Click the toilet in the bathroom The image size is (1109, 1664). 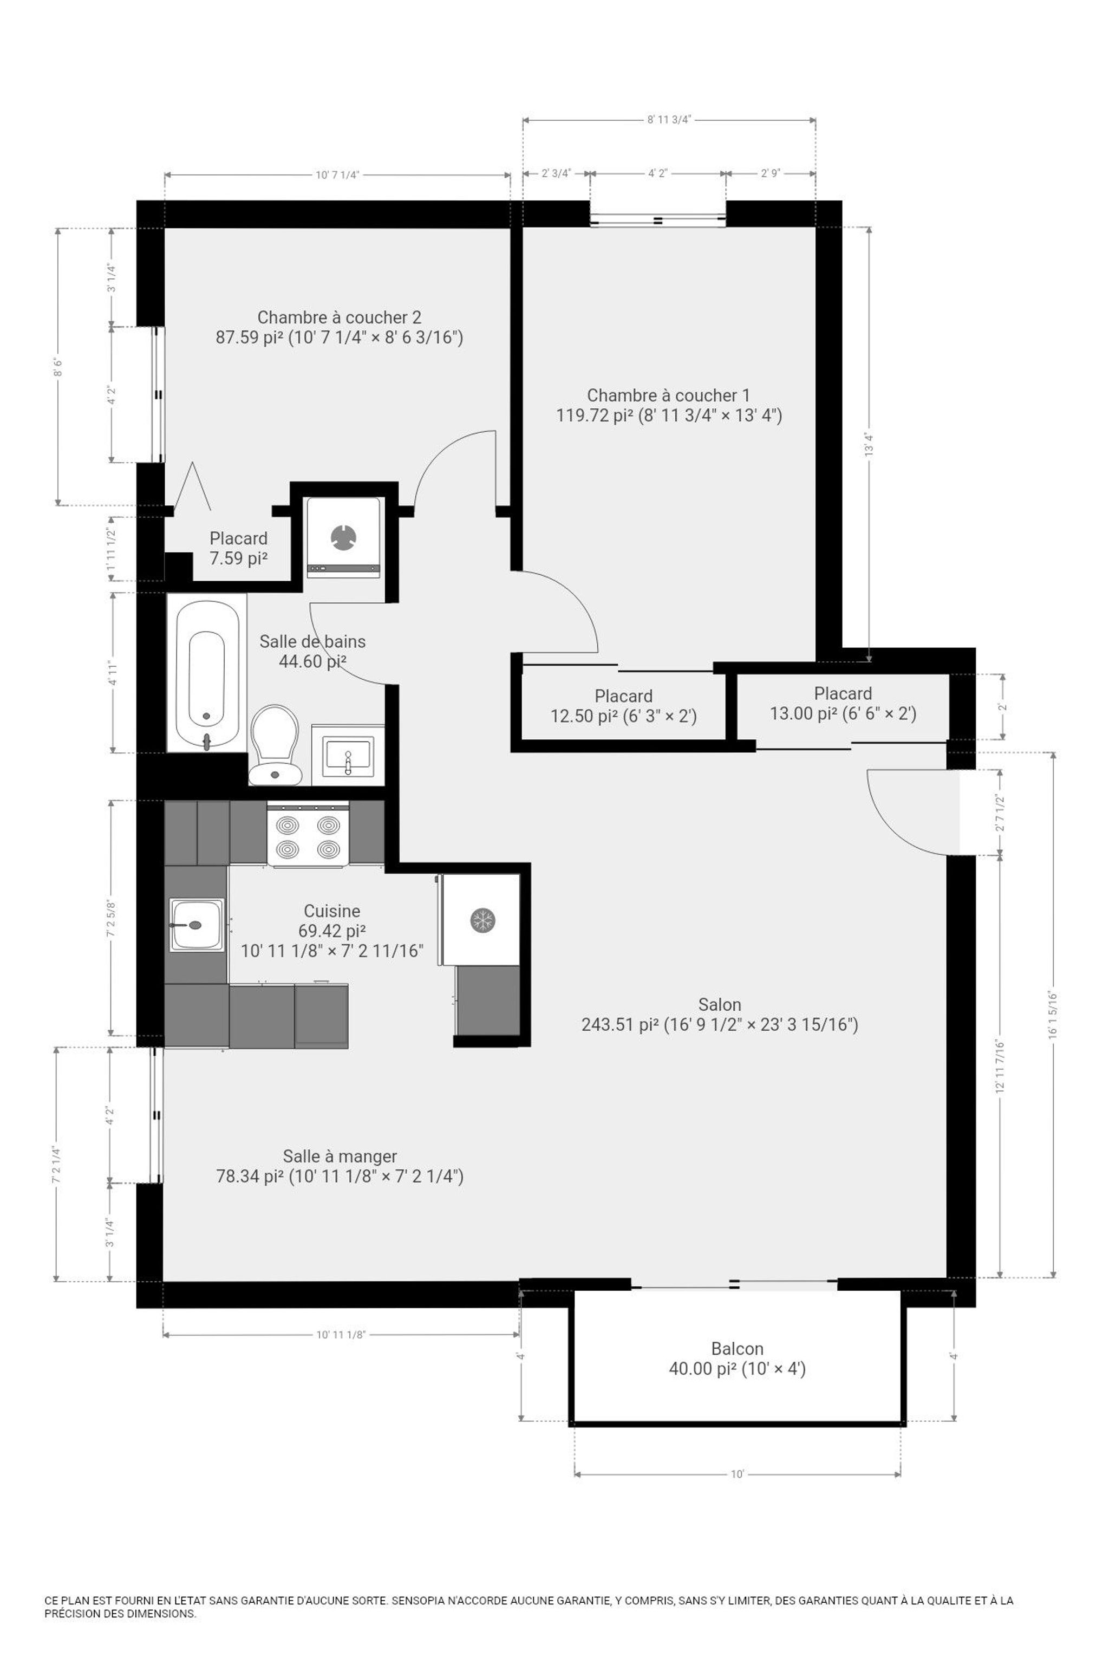click(275, 744)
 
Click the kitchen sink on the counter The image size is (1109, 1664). click(197, 924)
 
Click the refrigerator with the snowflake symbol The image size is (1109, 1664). click(480, 920)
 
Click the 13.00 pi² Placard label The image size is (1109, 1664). click(843, 703)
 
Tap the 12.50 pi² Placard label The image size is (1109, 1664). click(623, 706)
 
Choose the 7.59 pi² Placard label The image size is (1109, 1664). click(238, 548)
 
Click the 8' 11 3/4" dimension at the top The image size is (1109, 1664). click(668, 120)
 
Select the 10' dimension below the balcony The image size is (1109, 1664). click(737, 1474)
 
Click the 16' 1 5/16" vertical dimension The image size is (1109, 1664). click(1053, 1014)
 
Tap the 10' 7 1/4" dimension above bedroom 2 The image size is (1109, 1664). click(337, 175)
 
